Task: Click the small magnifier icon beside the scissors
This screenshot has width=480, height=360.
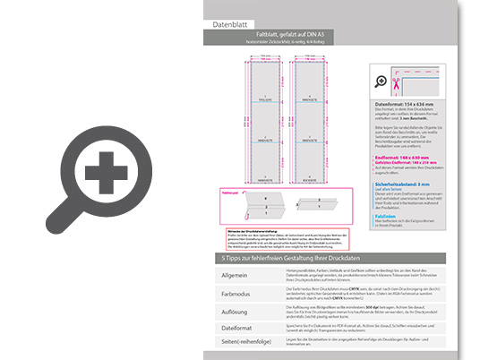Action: click(x=382, y=81)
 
